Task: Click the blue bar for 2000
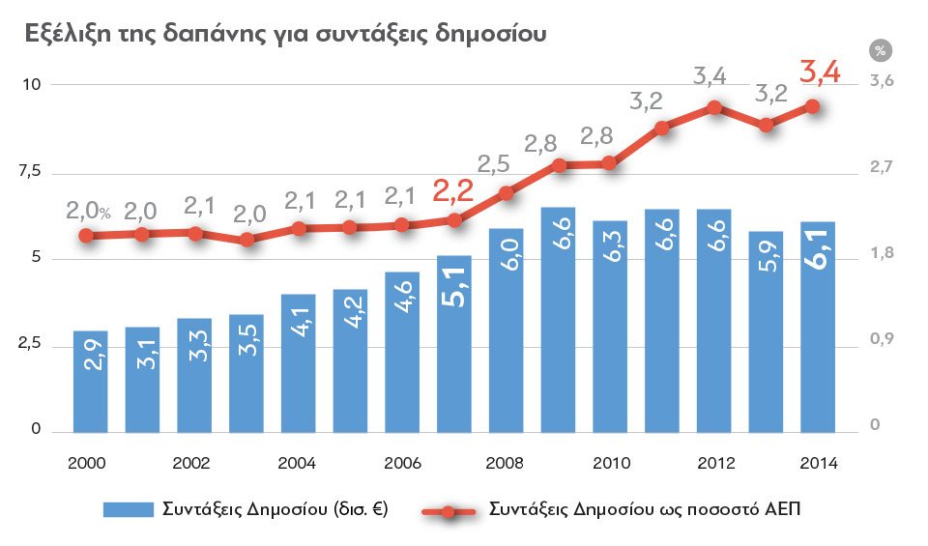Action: tap(90, 382)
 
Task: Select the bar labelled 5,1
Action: tap(454, 343)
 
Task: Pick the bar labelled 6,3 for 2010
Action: tap(610, 327)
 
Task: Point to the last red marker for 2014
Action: tap(813, 106)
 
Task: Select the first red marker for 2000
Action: tap(86, 236)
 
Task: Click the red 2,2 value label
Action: tap(451, 192)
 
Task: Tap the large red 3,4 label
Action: tap(821, 72)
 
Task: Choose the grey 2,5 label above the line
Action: tap(493, 164)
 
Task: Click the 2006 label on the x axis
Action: tap(402, 463)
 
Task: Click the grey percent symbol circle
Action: tap(880, 50)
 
